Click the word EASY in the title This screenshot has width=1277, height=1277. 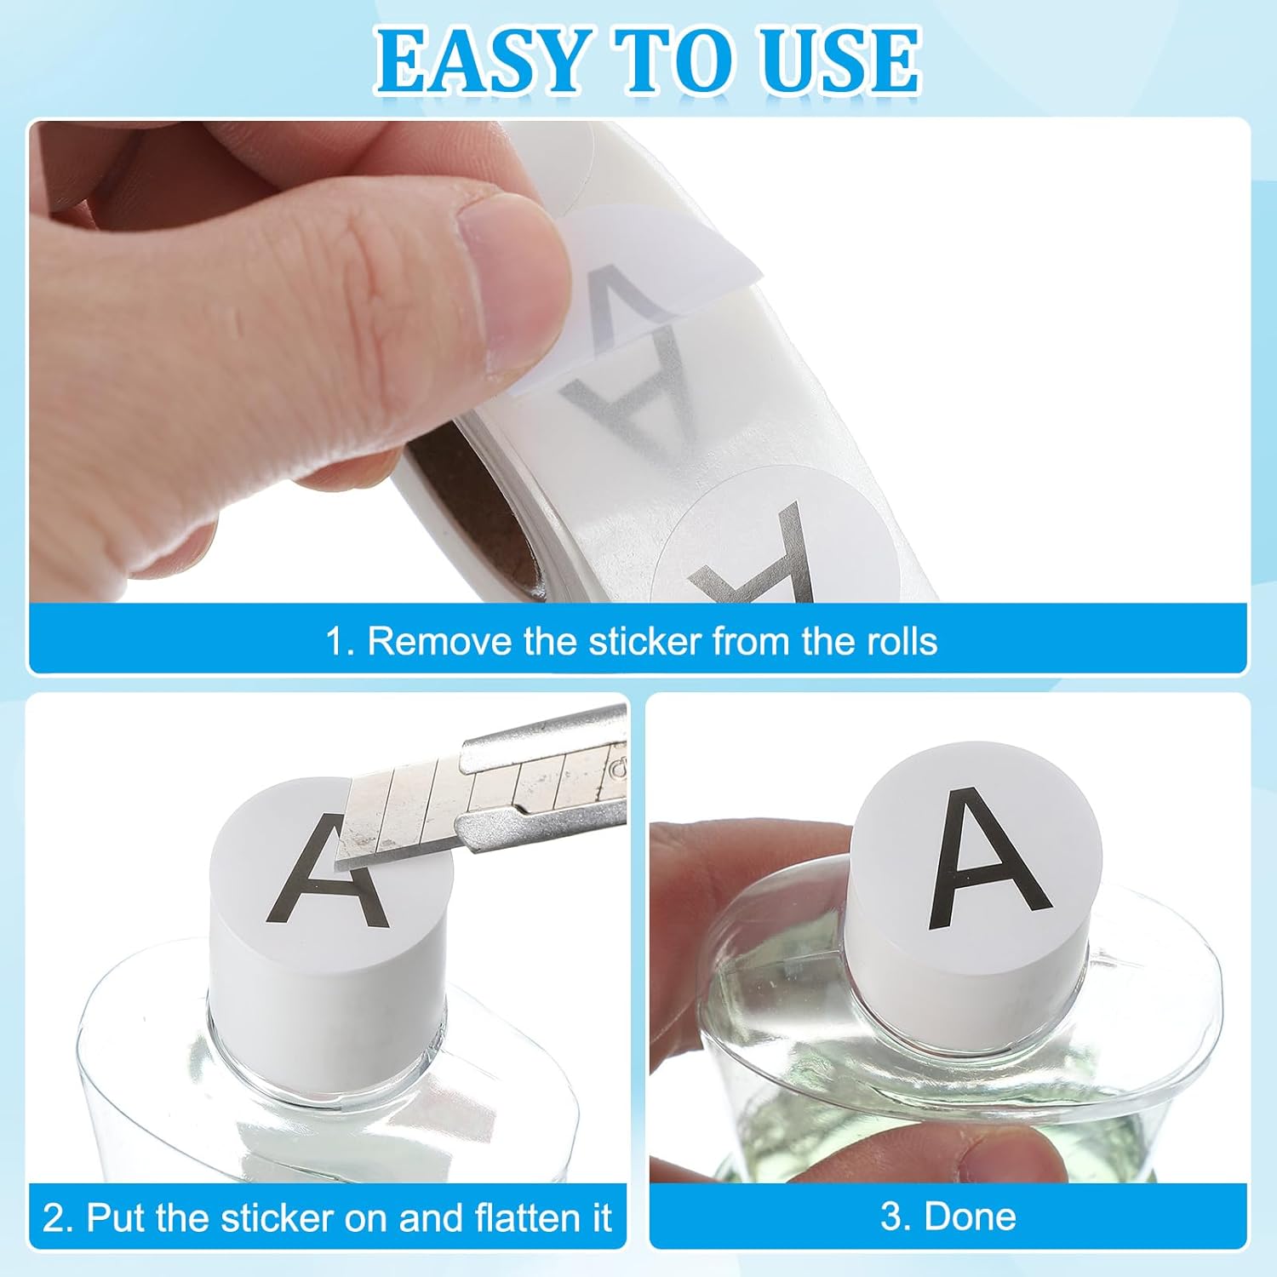[480, 60]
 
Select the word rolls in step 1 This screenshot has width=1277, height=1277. [902, 641]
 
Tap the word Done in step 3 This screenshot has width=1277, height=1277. [970, 1217]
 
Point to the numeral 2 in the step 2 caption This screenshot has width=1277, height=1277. [53, 1218]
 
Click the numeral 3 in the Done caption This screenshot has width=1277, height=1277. [891, 1217]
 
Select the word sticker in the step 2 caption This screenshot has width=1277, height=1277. [281, 1217]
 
